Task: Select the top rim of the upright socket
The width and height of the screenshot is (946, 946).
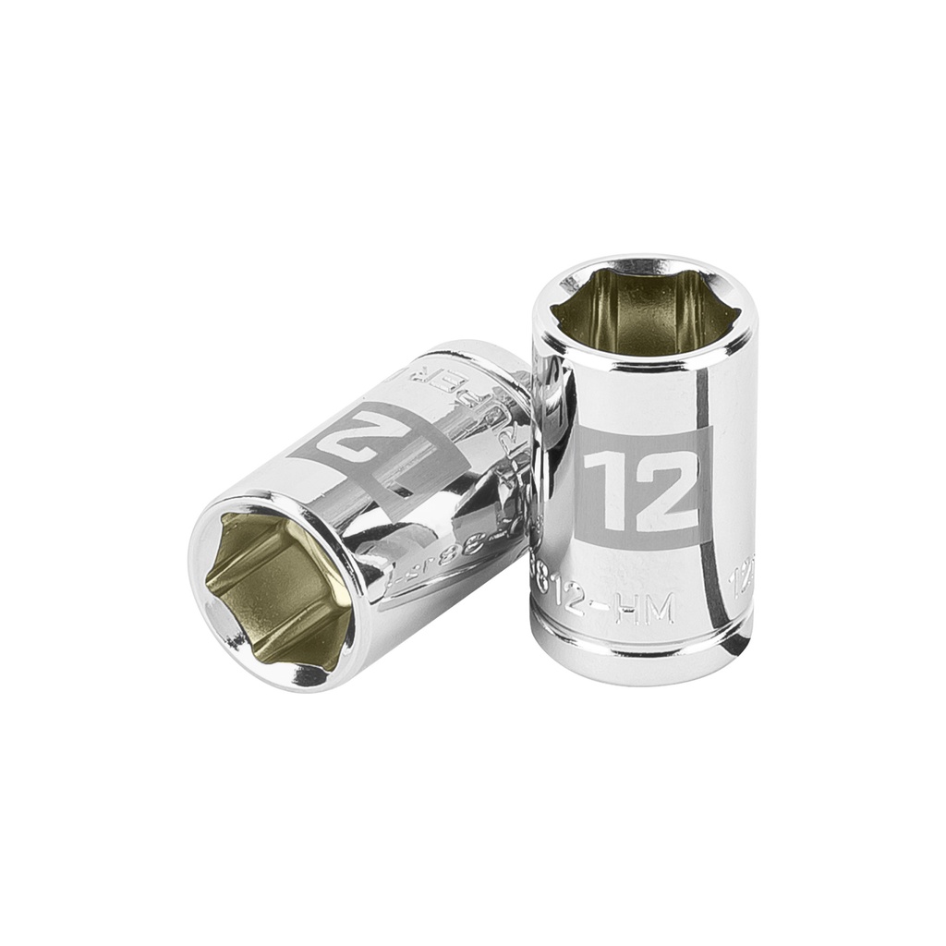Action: tap(644, 263)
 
